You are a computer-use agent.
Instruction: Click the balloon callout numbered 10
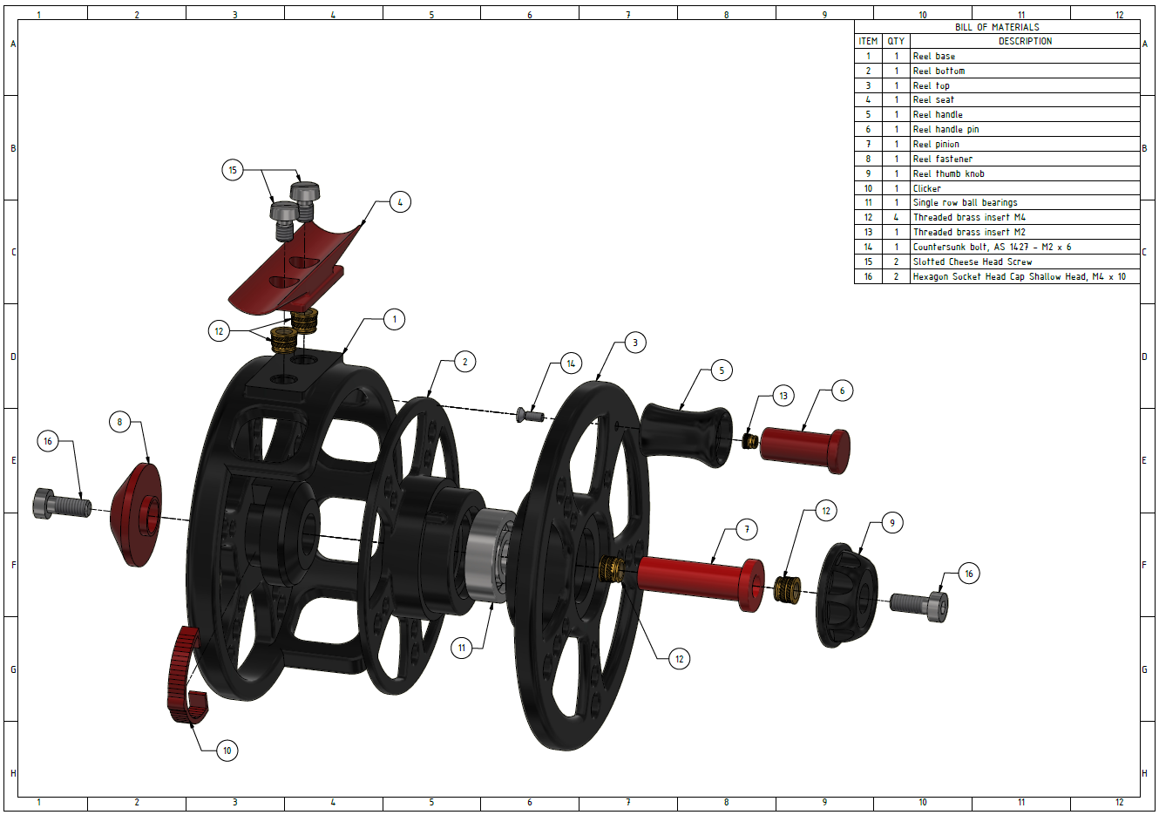(x=227, y=750)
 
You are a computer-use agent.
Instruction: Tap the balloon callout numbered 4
(x=400, y=202)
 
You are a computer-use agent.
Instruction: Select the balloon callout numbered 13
(x=783, y=396)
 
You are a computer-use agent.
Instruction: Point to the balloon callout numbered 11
(x=462, y=648)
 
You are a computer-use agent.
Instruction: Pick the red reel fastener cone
(x=136, y=515)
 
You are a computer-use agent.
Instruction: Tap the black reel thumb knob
(x=846, y=595)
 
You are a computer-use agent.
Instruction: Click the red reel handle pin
(x=805, y=450)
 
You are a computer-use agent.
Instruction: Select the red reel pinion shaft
(x=701, y=584)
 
